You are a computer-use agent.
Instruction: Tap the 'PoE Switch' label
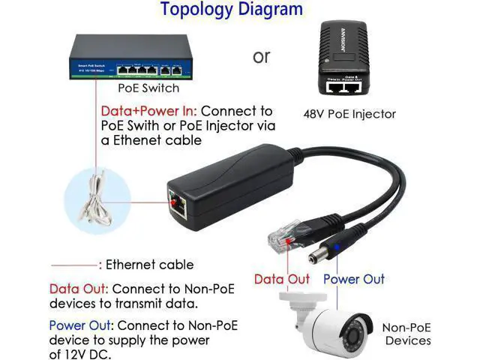point(150,88)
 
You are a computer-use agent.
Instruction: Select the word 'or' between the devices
point(261,56)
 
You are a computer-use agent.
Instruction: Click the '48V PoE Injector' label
point(349,115)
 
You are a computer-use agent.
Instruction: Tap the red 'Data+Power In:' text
point(148,110)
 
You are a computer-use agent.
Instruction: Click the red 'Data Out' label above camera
point(281,279)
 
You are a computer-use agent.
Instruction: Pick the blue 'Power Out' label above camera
point(354,279)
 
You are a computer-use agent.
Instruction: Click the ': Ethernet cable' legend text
point(145,264)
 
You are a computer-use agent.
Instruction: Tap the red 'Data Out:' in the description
point(78,289)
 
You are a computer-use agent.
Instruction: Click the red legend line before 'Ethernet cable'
point(74,265)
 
